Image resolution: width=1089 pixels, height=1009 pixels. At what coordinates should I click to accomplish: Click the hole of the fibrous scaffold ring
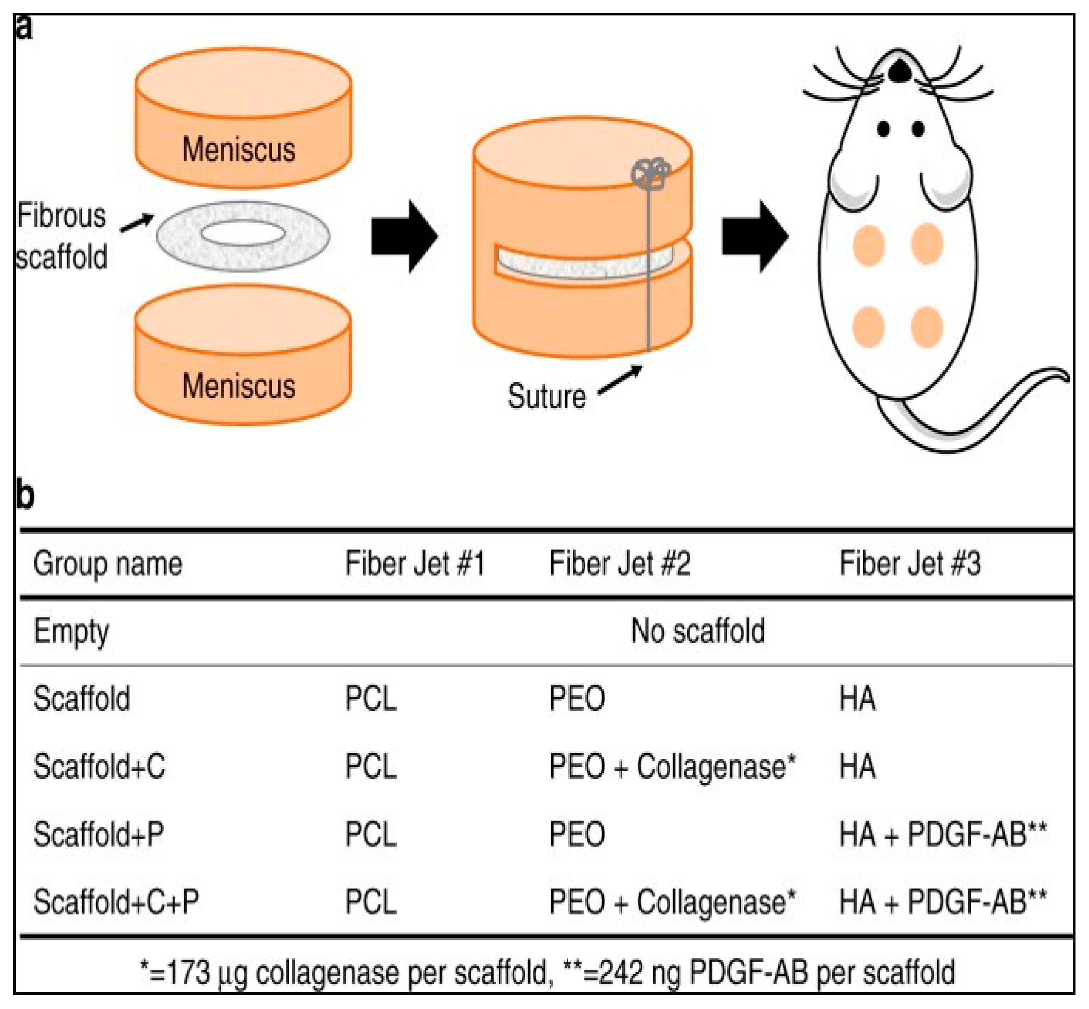(243, 234)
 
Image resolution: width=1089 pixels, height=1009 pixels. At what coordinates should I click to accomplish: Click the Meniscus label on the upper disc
(239, 149)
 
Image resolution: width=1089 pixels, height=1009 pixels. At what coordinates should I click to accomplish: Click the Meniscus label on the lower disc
(239, 386)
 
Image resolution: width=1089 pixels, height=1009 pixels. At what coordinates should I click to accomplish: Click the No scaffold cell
(698, 631)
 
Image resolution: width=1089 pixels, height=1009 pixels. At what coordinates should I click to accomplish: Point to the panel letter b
(25, 494)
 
